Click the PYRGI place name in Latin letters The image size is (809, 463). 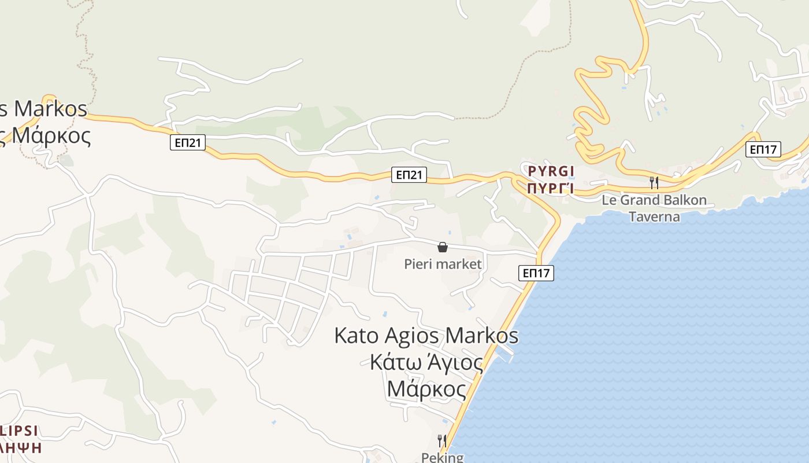point(551,171)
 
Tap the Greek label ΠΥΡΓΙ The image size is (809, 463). point(551,188)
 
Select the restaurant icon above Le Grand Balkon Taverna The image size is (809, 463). point(654,183)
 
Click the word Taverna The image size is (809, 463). point(654,216)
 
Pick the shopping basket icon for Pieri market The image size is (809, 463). point(443,248)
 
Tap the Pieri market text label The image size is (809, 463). point(443,264)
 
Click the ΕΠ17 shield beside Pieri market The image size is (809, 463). point(536,273)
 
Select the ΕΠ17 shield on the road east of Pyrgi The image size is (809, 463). point(763,150)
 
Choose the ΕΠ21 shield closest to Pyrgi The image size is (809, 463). point(409,175)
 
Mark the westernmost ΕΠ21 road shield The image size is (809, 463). point(188,142)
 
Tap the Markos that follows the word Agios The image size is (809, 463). point(483,336)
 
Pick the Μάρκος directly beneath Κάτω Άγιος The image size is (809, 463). point(426,389)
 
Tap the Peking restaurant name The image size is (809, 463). point(442,458)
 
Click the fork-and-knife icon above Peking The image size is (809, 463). point(442,441)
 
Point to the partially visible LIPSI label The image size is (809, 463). point(20,431)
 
